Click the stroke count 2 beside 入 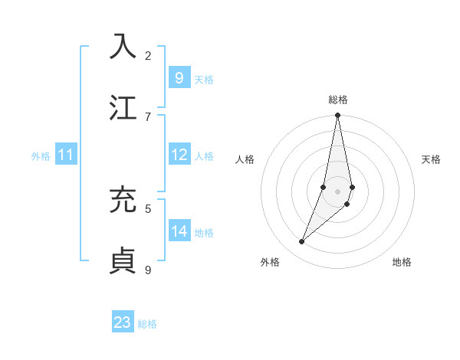(x=148, y=55)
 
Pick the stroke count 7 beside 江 (x=148, y=116)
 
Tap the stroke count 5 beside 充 (x=148, y=208)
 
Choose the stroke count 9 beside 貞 (x=148, y=270)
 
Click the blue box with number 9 (x=179, y=78)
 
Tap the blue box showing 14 (x=179, y=231)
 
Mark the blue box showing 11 (x=65, y=155)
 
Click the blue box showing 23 (x=122, y=322)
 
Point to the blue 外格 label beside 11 (x=41, y=156)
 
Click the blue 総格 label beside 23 (x=147, y=324)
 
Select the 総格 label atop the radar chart (x=337, y=100)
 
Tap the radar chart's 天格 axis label (x=432, y=159)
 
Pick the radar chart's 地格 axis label (x=402, y=262)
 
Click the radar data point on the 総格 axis (x=337, y=116)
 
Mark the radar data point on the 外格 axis (x=301, y=241)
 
